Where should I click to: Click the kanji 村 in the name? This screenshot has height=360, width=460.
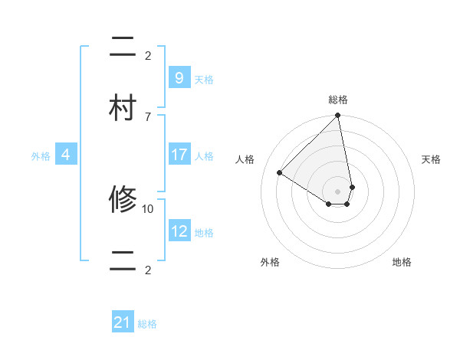pyautogui.click(x=123, y=107)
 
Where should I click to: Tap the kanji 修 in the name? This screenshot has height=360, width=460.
pyautogui.click(x=123, y=201)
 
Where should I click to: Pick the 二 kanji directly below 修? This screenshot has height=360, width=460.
pyautogui.click(x=123, y=261)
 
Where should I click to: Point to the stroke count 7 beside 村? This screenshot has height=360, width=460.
pyautogui.click(x=148, y=116)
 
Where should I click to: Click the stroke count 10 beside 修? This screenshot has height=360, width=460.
pyautogui.click(x=148, y=208)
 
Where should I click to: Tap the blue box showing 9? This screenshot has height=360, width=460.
pyautogui.click(x=179, y=77)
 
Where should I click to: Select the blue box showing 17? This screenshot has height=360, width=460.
pyautogui.click(x=179, y=155)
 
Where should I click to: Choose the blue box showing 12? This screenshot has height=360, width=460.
pyautogui.click(x=179, y=231)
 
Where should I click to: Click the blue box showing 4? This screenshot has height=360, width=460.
pyautogui.click(x=66, y=155)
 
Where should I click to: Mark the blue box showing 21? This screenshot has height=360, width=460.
pyautogui.click(x=123, y=322)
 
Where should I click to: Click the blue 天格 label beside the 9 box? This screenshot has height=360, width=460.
pyautogui.click(x=203, y=80)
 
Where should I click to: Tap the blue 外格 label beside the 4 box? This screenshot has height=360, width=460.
pyautogui.click(x=41, y=156)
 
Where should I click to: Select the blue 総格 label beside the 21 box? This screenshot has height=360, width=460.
pyautogui.click(x=147, y=325)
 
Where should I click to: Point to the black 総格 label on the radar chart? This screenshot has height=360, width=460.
pyautogui.click(x=338, y=100)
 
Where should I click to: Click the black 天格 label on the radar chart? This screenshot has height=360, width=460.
pyautogui.click(x=431, y=159)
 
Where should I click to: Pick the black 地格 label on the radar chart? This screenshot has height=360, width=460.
pyautogui.click(x=402, y=262)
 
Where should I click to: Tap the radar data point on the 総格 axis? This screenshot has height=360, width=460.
pyautogui.click(x=338, y=116)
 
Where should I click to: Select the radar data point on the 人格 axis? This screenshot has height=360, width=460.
pyautogui.click(x=280, y=173)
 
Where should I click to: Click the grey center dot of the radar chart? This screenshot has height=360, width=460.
pyautogui.click(x=338, y=191)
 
